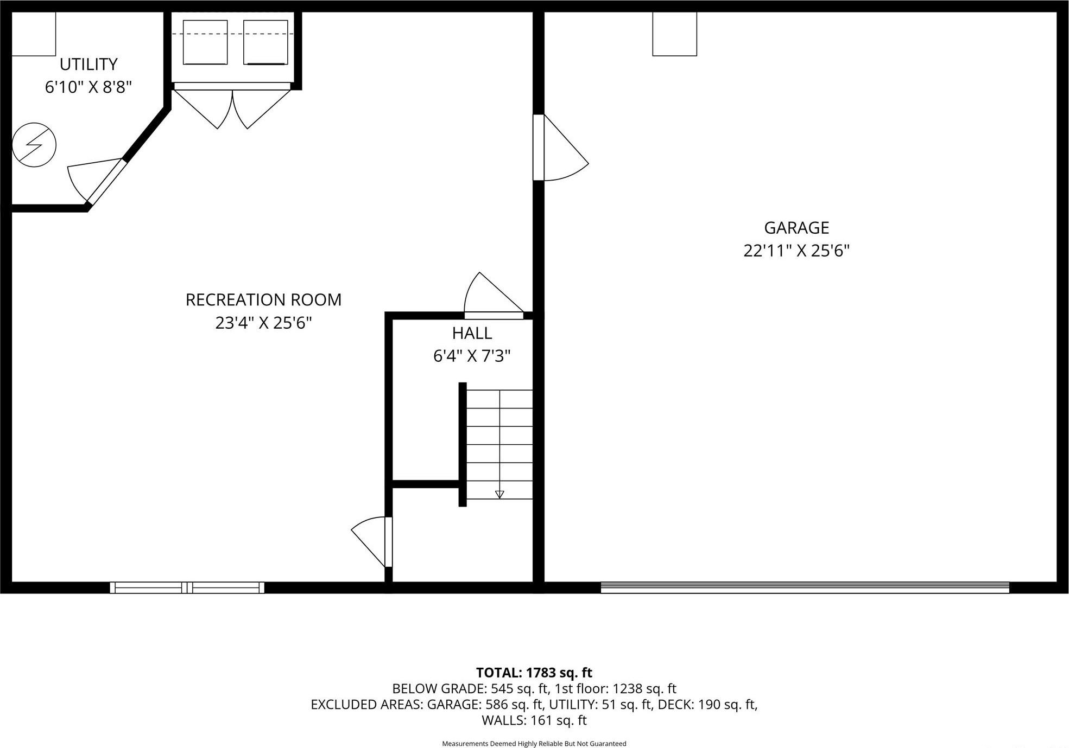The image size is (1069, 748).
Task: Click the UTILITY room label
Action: point(88,64)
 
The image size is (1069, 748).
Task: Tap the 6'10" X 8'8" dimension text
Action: point(88,87)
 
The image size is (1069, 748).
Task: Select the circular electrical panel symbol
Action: point(34,145)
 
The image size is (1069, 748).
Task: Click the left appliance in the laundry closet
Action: point(205,42)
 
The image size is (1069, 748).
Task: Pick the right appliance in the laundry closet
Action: point(265,42)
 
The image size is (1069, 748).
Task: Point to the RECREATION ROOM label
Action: point(263,299)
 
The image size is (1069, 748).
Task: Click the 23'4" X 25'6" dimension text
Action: point(263,323)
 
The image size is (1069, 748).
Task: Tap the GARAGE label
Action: point(796,227)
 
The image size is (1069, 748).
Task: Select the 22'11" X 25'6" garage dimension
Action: point(796,251)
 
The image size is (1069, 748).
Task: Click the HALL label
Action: point(472,333)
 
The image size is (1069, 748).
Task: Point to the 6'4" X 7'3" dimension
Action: point(472,356)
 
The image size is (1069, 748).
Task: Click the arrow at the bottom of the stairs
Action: point(499,494)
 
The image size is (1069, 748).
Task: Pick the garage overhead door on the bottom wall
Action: point(805,587)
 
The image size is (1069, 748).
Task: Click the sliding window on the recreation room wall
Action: point(187,587)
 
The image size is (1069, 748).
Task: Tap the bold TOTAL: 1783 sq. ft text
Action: point(534,673)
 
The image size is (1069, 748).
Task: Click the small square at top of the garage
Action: point(674,34)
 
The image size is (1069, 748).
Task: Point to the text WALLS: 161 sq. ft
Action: point(534,720)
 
